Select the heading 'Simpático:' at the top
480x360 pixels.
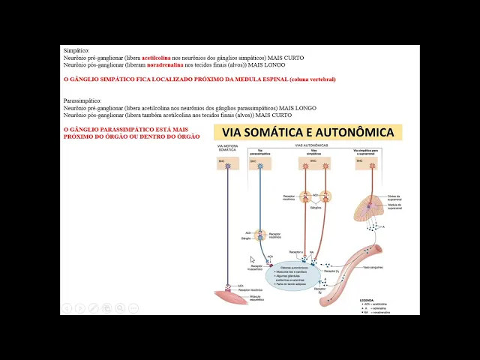click(76, 50)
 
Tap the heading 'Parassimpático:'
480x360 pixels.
click(82, 100)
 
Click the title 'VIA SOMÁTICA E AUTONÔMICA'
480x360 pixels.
click(307, 133)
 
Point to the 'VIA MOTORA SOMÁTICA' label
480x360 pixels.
click(228, 148)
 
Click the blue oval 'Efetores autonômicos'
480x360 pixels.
click(293, 277)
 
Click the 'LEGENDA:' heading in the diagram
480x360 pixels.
click(367, 299)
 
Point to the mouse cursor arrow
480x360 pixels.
click(253, 259)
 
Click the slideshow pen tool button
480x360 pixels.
click(93, 308)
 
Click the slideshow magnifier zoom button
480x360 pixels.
click(120, 308)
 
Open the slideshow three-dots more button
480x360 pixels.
click(133, 308)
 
